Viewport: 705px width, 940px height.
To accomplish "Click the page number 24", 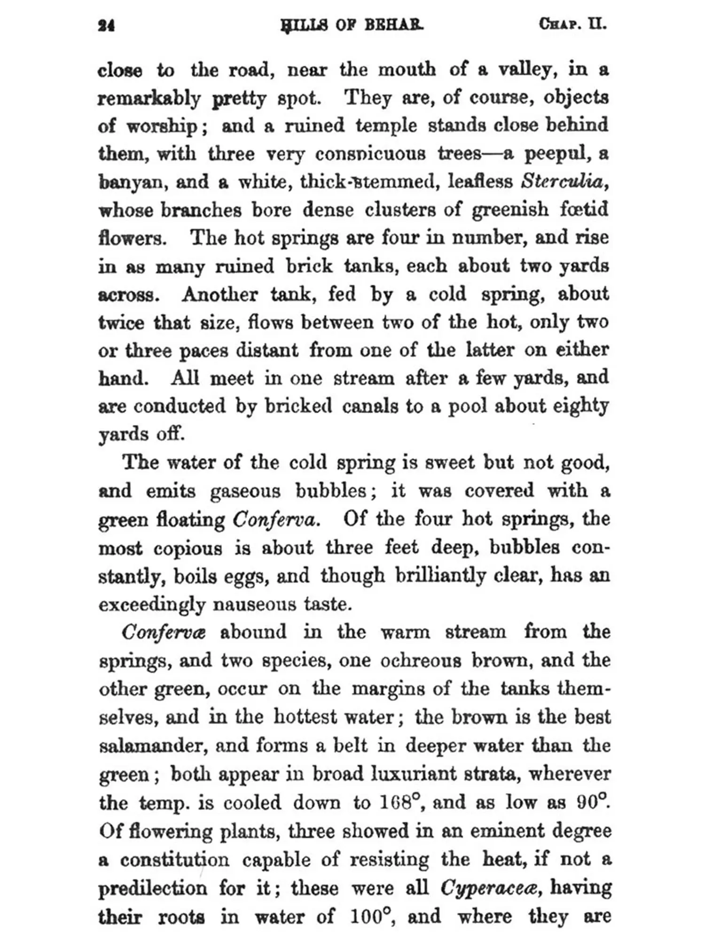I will [x=106, y=25].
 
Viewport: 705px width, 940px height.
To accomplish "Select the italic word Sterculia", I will [x=562, y=181].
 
